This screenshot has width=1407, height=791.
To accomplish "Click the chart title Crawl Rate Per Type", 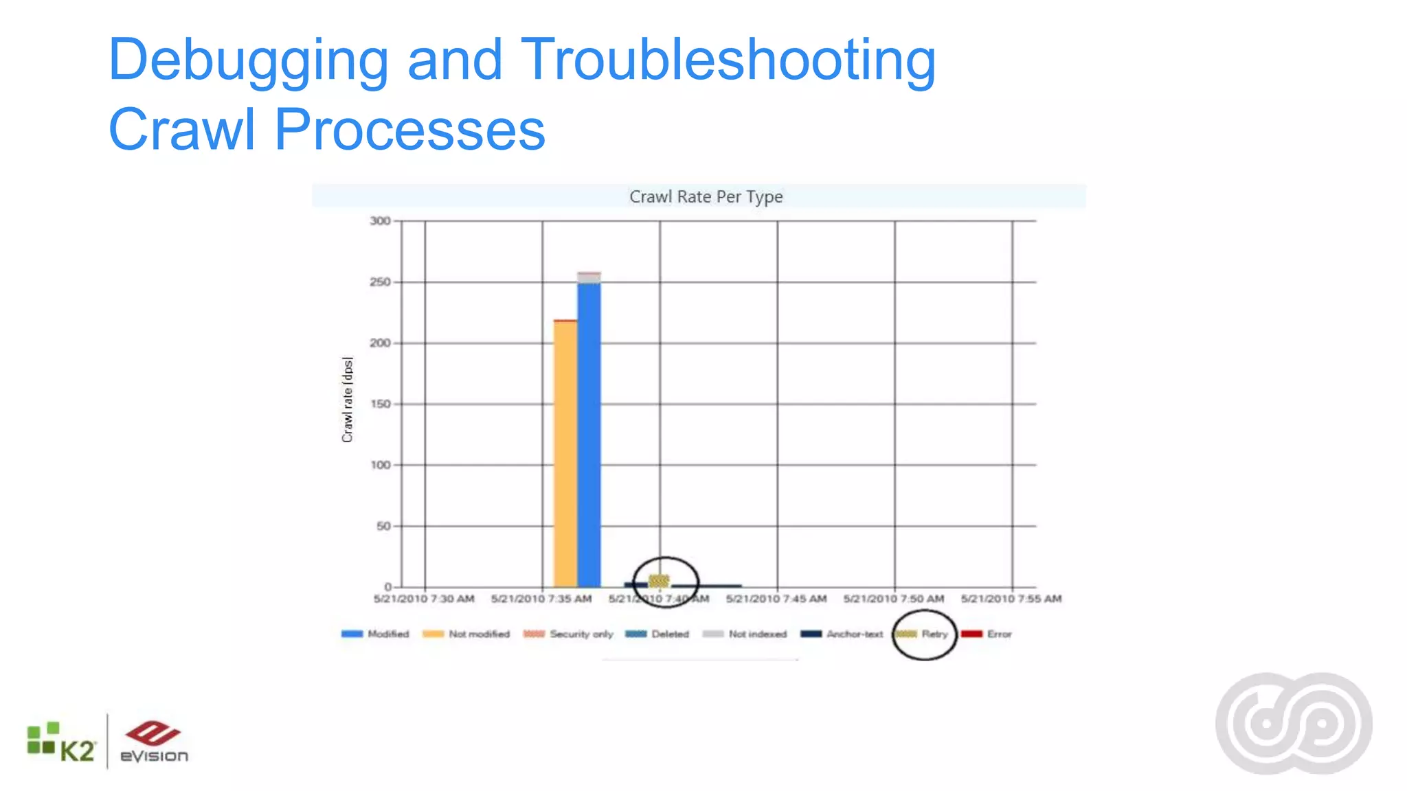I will point(706,197).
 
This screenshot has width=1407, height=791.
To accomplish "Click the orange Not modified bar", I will point(565,453).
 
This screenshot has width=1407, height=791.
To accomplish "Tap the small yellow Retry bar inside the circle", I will point(659,581).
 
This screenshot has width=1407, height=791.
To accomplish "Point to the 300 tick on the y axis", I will point(380,221).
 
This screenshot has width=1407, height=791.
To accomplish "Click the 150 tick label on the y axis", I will point(380,404).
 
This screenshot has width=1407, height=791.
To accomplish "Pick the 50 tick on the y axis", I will point(383,526).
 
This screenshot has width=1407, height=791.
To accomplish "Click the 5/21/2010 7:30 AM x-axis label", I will point(424,599).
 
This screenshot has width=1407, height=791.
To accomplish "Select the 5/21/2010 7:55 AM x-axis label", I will point(1011,599).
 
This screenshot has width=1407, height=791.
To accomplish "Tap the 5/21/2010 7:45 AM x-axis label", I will point(776,599).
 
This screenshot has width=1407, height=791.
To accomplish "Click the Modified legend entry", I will point(375,634).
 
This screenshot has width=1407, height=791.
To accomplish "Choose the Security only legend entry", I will point(568,634).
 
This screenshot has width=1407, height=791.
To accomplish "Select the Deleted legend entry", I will point(657,634).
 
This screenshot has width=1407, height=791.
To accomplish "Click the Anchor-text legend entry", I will point(842,634).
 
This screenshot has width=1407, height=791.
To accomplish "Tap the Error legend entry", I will point(987,634).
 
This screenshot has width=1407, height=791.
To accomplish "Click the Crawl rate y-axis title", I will point(348,400).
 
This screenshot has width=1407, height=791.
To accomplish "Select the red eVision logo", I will point(154,742).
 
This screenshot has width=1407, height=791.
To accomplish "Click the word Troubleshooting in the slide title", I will point(728,60).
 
